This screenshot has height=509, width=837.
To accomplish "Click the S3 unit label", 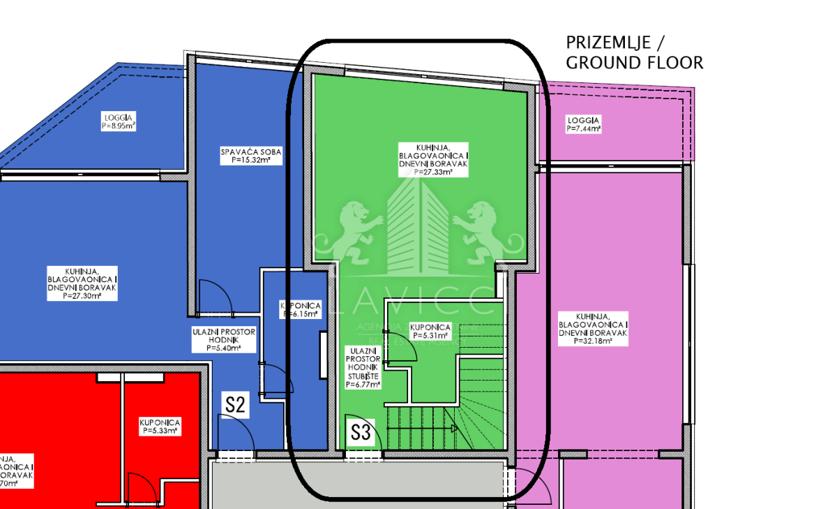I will (x=360, y=431).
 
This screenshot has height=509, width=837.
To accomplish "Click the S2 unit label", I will (x=236, y=404).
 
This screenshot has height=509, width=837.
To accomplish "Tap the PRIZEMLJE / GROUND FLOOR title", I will (x=634, y=53).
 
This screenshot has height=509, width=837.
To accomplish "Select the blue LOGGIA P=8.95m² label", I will (x=118, y=121).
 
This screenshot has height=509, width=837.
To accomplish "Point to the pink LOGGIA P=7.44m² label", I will (x=584, y=124).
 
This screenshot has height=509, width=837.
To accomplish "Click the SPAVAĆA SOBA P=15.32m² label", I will (x=245, y=155).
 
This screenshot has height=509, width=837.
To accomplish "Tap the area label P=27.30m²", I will (x=82, y=283).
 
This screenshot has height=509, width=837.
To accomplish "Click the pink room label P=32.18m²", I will (x=593, y=328).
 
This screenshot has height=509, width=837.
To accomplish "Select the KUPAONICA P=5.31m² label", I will (x=430, y=331).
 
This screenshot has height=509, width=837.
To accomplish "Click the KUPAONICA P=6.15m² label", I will (x=301, y=310).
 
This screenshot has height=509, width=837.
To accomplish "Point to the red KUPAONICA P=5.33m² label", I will (x=160, y=427).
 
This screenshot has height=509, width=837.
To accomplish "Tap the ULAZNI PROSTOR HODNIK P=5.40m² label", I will (x=224, y=340).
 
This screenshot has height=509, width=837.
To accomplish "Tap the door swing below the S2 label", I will (x=236, y=437).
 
